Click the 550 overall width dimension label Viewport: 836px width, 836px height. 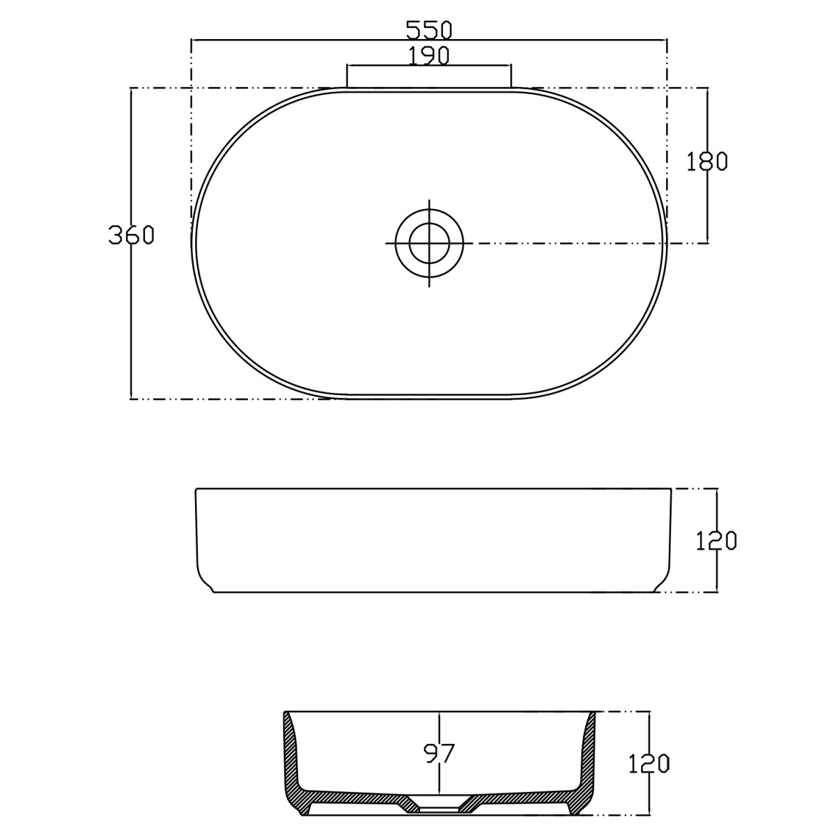[429, 30]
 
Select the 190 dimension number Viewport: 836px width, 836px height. [428, 55]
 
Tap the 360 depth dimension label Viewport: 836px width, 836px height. [131, 235]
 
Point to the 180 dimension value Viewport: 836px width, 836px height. [707, 161]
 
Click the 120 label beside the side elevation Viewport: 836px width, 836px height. [716, 540]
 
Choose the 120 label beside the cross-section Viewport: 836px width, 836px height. [649, 764]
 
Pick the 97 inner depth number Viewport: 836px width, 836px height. [439, 753]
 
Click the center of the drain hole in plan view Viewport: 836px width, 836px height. [429, 243]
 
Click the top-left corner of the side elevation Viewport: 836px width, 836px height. [197, 490]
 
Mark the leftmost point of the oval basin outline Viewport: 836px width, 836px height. [192, 243]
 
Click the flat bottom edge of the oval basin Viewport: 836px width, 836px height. [429, 398]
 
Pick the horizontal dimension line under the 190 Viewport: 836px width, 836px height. [429, 65]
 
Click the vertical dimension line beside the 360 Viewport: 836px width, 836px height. [131, 313]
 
